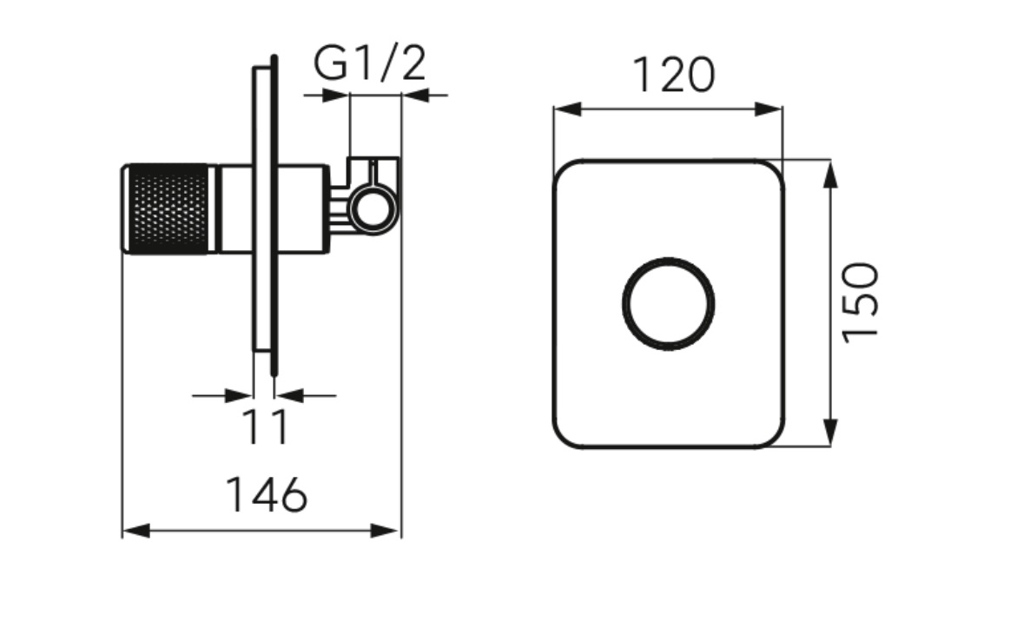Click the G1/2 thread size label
tap(370, 63)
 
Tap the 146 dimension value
tap(266, 495)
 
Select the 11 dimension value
tap(265, 426)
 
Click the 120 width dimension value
tap(673, 75)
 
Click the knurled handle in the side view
tap(169, 208)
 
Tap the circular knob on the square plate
tap(668, 304)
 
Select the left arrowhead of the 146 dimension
tap(136, 531)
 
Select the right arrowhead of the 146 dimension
tap(384, 531)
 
